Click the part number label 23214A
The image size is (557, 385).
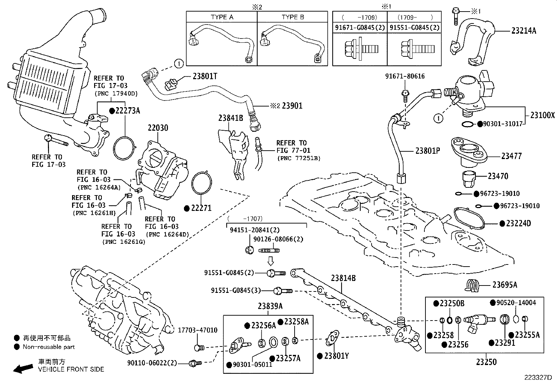pos(524,30)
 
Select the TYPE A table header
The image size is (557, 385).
pos(222,17)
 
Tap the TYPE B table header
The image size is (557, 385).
pos(293,17)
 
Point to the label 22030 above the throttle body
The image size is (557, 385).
pos(158,128)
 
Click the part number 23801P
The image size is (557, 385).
pos(428,151)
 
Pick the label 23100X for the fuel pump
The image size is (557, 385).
pos(542,115)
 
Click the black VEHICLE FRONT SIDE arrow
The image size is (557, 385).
pos(23,368)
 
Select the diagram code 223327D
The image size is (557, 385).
pos(538,378)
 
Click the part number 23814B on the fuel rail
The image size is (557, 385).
pos(343,278)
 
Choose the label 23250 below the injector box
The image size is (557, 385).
pos(486,362)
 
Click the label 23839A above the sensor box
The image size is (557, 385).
pos(270,306)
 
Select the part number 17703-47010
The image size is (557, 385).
pos(197,330)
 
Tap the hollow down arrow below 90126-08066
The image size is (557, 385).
pos(270,261)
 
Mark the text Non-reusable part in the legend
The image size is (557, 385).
pos(49,347)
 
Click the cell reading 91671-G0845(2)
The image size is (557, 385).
pos(360,27)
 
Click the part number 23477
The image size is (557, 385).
pos(511,156)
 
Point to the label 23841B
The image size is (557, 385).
pos(231,118)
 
